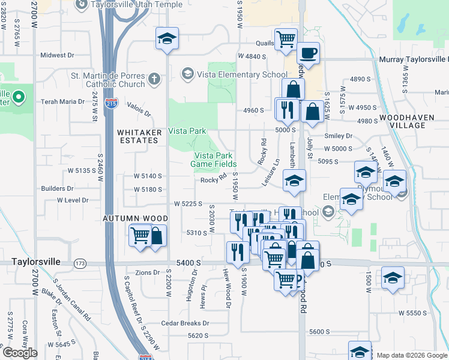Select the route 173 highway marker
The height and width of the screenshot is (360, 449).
coord(79,263)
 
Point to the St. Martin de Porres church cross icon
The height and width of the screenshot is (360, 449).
coord(154,78)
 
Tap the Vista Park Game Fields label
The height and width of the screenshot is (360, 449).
coord(213,160)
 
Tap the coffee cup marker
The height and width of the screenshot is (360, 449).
coord(308,53)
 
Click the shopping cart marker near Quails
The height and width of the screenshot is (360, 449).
coord(286,40)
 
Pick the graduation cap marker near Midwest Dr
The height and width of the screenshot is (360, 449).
coord(166,39)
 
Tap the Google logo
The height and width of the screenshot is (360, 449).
coord(20,352)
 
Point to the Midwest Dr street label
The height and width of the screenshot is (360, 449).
coord(57,55)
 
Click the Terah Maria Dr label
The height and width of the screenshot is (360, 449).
coord(62,102)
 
